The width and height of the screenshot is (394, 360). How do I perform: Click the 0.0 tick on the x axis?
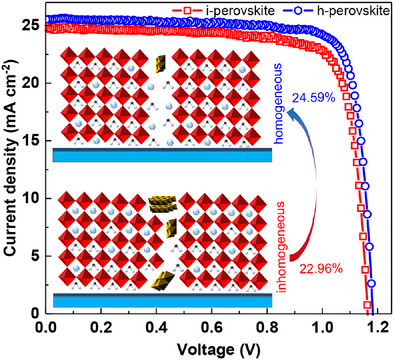[46, 327]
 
